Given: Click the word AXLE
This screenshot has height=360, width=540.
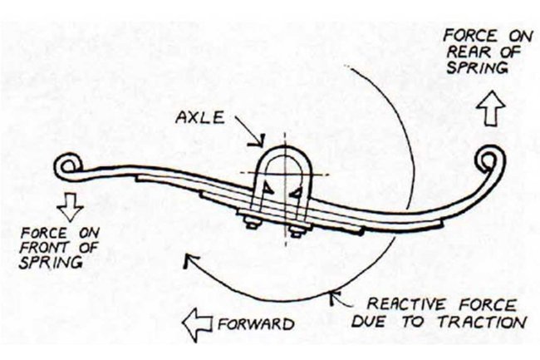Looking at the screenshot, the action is pyautogui.click(x=200, y=118).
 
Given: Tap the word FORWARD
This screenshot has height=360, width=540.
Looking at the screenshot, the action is pyautogui.click(x=256, y=323).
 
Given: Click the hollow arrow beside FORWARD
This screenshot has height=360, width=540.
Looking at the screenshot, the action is pyautogui.click(x=197, y=324).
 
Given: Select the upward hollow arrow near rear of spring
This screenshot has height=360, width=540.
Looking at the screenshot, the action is pyautogui.click(x=491, y=108).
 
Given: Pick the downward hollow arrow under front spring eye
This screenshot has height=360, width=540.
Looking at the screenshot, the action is pyautogui.click(x=71, y=207).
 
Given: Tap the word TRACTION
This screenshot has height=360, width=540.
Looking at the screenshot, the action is pyautogui.click(x=483, y=323).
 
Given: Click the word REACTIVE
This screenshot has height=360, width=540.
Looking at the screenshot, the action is pyautogui.click(x=407, y=304).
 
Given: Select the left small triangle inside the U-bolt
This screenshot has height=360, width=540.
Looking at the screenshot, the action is pyautogui.click(x=266, y=188).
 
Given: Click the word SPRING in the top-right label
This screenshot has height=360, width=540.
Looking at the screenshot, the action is pyautogui.click(x=478, y=67).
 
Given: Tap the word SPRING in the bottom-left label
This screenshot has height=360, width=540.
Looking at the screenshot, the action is pyautogui.click(x=51, y=263).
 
